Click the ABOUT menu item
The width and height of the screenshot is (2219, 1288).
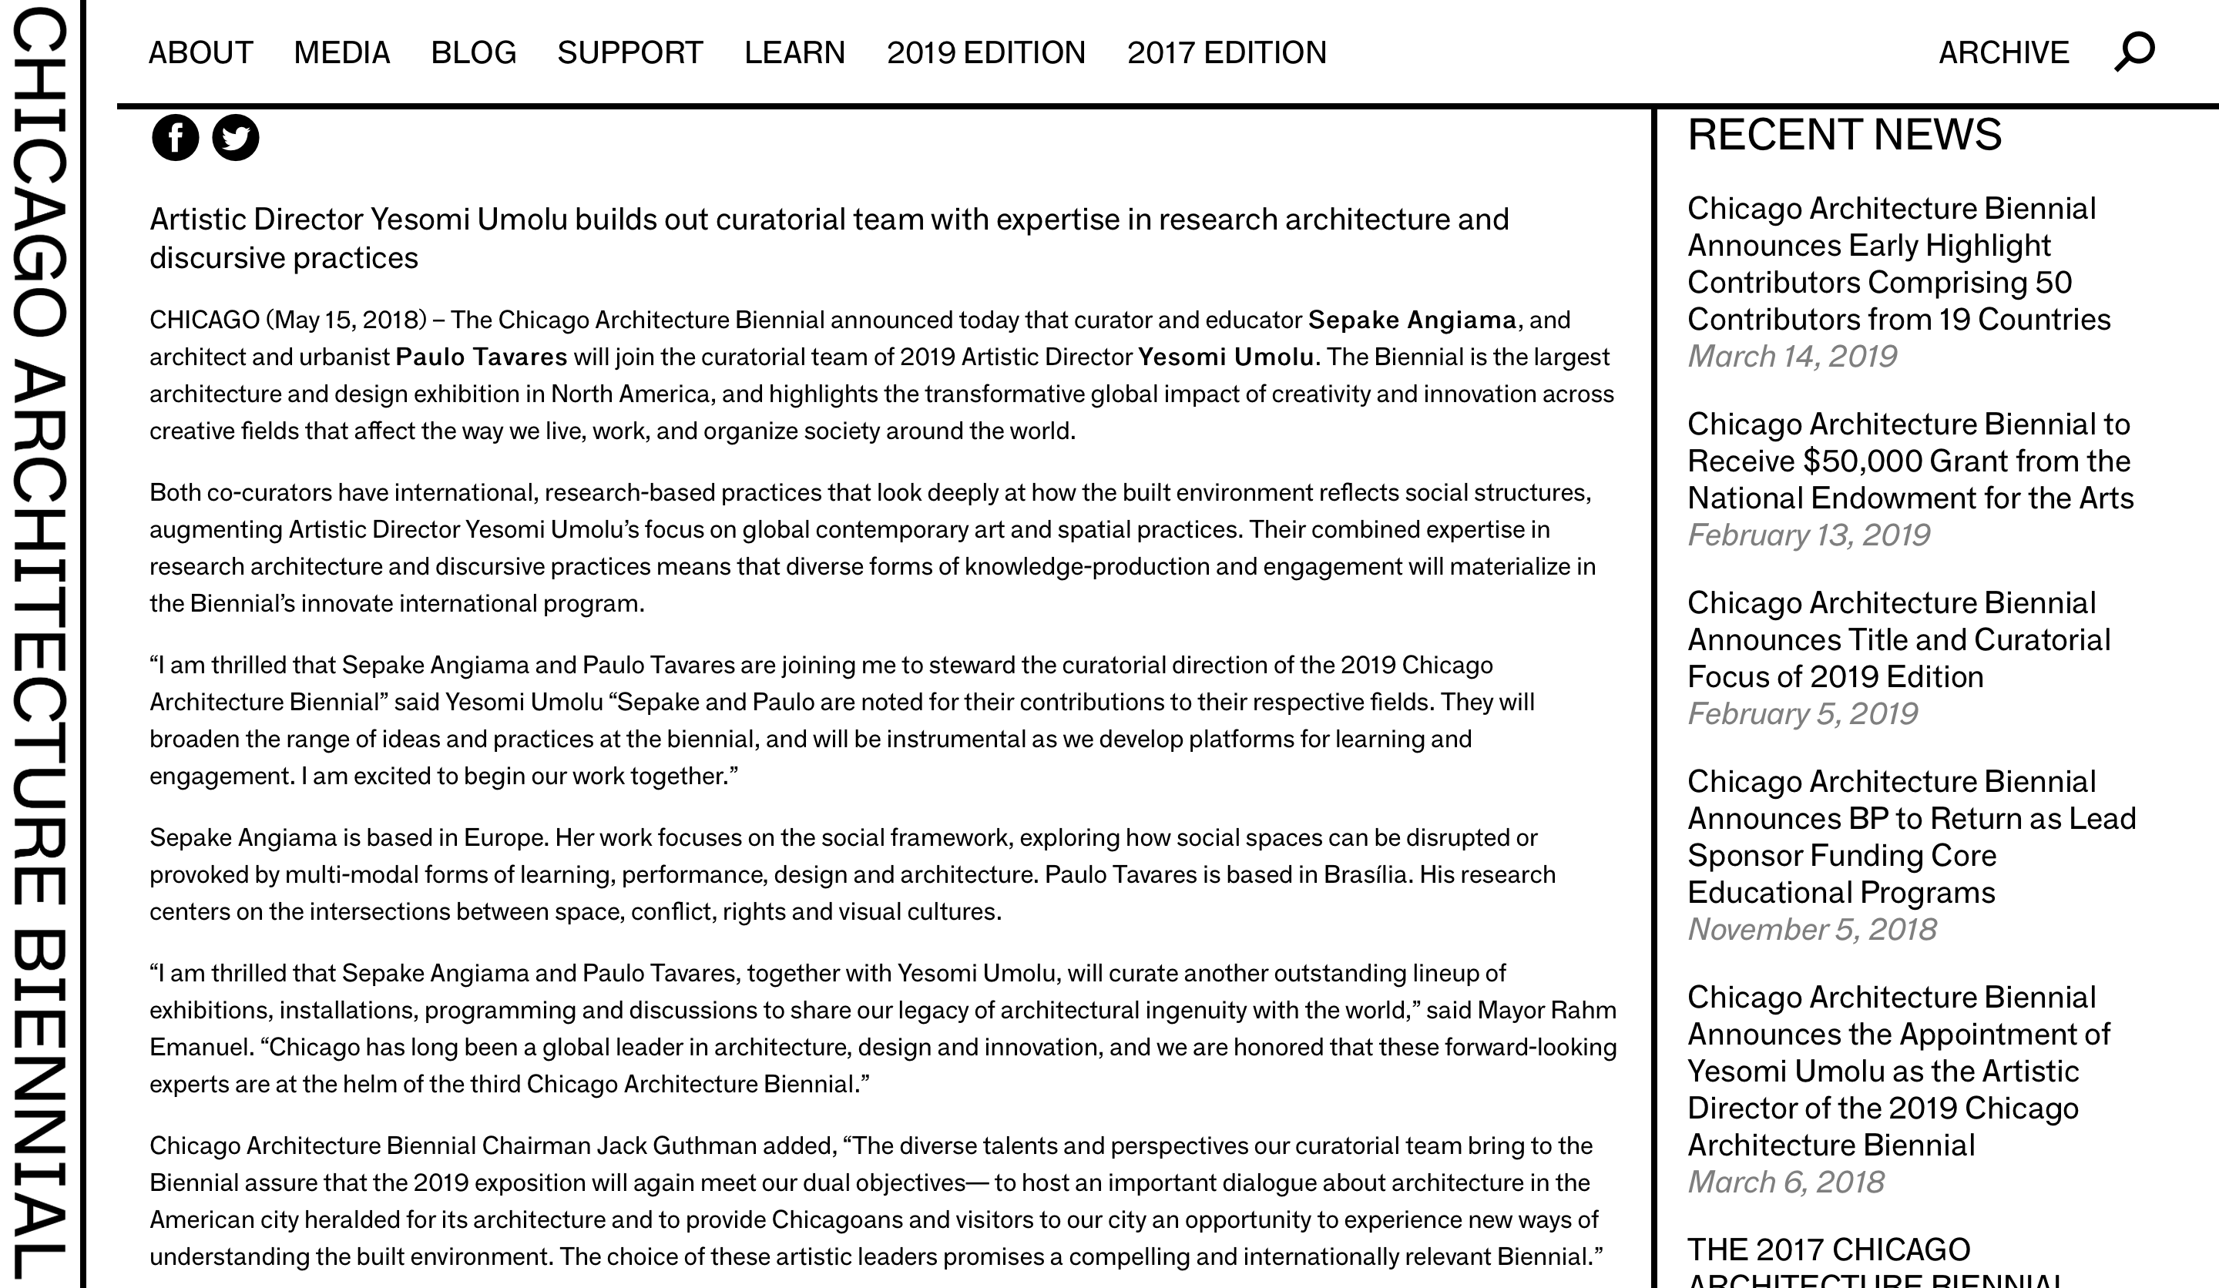click(201, 53)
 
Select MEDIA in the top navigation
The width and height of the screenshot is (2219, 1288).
click(341, 53)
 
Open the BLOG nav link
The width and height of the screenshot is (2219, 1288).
click(473, 53)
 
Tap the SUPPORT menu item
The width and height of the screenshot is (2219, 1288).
click(629, 53)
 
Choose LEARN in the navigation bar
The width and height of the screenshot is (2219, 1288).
click(794, 53)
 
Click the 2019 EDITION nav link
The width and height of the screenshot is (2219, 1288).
click(985, 53)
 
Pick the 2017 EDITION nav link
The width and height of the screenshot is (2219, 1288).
click(1227, 53)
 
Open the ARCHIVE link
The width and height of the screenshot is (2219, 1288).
click(2003, 53)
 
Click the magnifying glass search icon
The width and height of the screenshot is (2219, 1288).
click(2133, 52)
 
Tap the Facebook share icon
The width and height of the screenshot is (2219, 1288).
click(175, 137)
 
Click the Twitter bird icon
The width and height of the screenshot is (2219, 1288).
click(236, 137)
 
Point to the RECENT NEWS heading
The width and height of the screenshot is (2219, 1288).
click(1844, 135)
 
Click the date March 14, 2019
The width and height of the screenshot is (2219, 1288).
click(1792, 357)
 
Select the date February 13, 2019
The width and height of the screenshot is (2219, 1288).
click(1808, 535)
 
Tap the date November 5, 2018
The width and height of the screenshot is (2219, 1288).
click(1811, 930)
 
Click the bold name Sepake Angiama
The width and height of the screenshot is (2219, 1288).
click(1412, 320)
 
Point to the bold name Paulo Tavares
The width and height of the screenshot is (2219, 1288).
click(482, 357)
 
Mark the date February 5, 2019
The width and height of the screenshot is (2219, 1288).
click(1801, 714)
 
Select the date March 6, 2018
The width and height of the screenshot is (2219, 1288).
click(1786, 1182)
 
